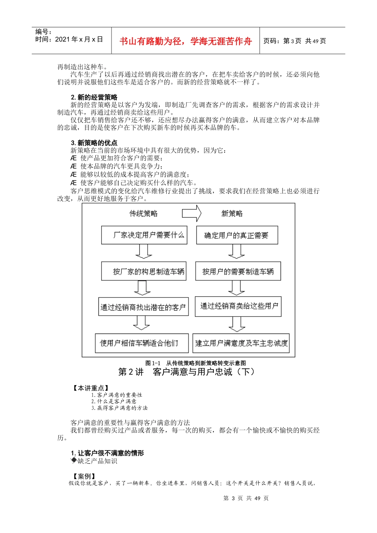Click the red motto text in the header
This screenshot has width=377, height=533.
point(185,41)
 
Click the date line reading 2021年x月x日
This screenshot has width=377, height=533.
point(69,39)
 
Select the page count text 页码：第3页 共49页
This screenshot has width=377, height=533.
point(294,41)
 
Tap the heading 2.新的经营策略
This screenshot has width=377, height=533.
point(94,97)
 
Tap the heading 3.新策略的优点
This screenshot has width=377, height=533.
point(94,143)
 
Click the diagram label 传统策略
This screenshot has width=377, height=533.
point(143,214)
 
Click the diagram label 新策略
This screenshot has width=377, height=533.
point(232,214)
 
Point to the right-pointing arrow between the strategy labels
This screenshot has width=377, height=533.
point(192,213)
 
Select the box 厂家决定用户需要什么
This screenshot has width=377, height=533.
point(144,235)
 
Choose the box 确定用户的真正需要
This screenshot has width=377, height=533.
point(237,235)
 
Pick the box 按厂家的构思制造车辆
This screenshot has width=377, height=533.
point(144,272)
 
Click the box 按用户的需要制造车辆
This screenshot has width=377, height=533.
point(238,271)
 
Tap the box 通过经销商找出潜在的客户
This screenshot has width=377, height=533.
point(143,307)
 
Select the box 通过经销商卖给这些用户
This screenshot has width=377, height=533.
point(238,306)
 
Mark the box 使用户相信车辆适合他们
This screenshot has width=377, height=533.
point(142,343)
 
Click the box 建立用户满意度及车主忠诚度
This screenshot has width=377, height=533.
point(241,343)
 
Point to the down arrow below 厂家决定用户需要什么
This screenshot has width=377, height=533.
point(143,251)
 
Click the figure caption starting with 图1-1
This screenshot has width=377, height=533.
point(196,363)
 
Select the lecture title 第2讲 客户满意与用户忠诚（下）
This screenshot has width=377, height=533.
point(187,372)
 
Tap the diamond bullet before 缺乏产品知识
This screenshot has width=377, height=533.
point(74,460)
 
